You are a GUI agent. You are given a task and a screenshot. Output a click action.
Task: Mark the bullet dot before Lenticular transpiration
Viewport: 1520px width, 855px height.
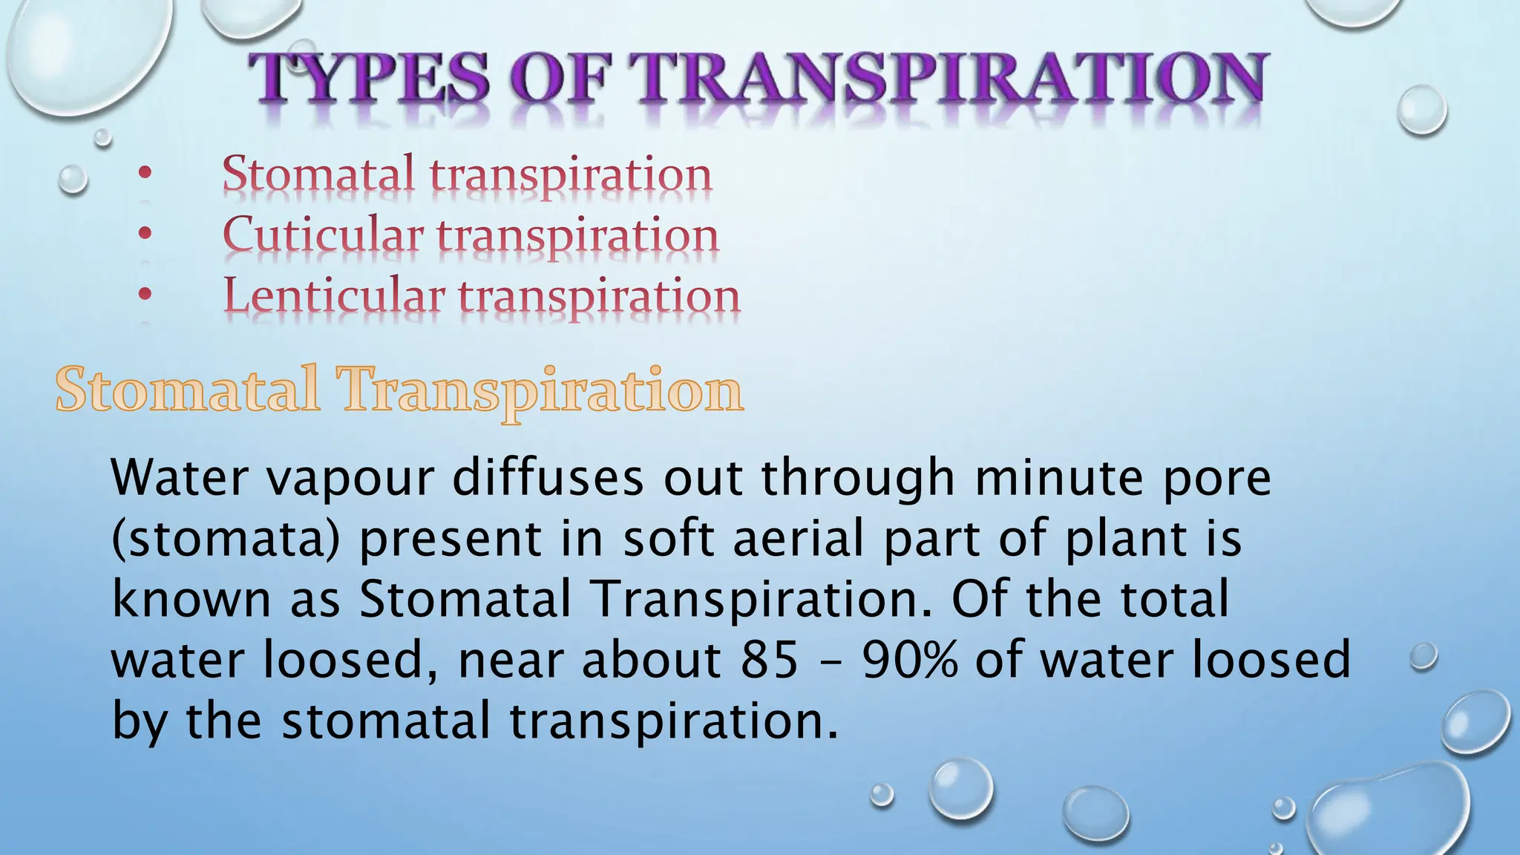[x=145, y=295]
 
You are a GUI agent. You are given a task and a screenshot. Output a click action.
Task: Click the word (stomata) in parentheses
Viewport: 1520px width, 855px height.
[x=226, y=540]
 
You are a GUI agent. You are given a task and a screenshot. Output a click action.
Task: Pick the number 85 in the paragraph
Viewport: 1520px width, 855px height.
[x=769, y=660]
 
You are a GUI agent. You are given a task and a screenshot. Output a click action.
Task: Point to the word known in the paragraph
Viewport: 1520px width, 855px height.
[x=191, y=599]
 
